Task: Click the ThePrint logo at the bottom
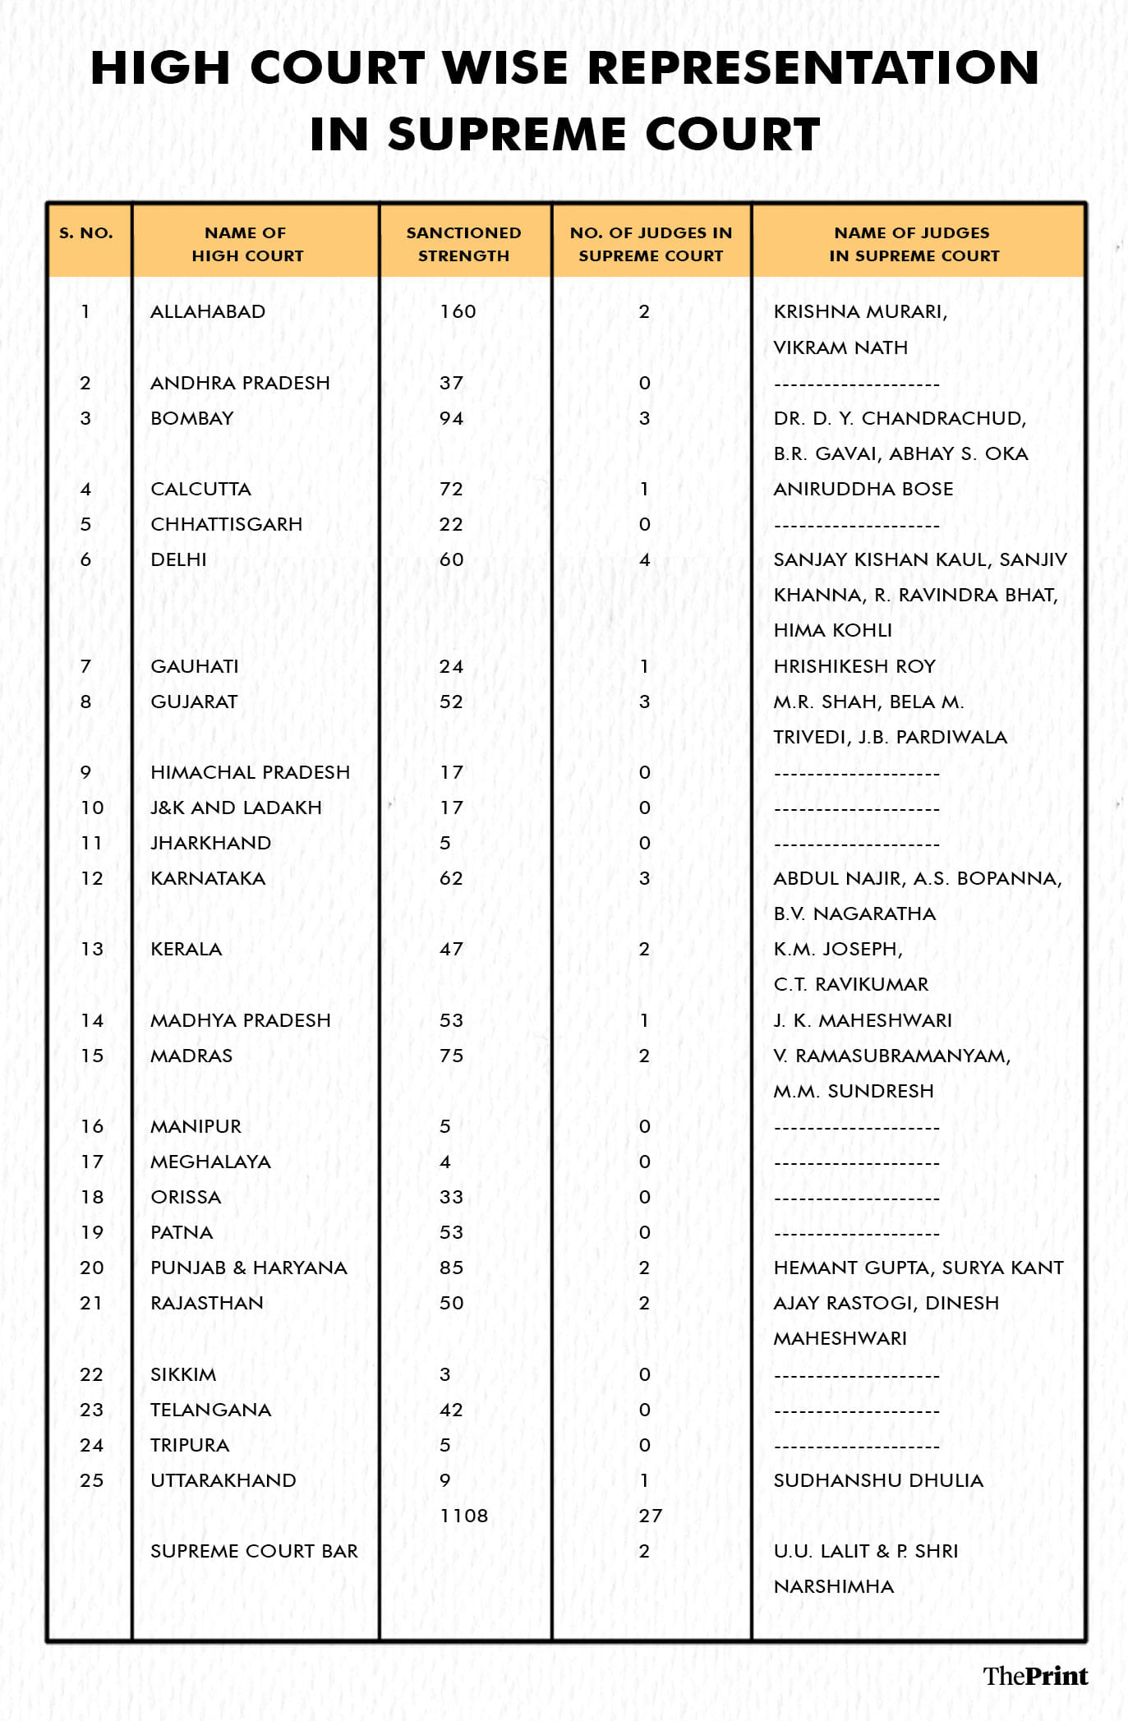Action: click(1035, 1675)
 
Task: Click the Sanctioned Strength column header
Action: click(464, 244)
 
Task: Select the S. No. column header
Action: click(86, 233)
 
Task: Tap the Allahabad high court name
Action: click(208, 312)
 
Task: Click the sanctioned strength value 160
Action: click(458, 312)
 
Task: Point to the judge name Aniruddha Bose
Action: click(863, 490)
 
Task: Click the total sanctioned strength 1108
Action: click(463, 1516)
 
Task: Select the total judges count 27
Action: click(650, 1516)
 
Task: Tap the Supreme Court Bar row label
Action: click(254, 1551)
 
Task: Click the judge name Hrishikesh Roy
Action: click(854, 666)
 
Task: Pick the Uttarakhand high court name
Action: click(223, 1480)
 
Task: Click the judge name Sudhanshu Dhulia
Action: click(878, 1480)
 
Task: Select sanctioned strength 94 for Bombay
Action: click(451, 419)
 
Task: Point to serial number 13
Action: click(92, 950)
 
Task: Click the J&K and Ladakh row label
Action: click(236, 808)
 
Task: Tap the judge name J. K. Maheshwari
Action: click(863, 1020)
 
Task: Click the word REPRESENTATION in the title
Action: click(814, 68)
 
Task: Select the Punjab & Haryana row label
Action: click(249, 1268)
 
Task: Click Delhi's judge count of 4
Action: click(645, 560)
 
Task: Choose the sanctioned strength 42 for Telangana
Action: click(451, 1410)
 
